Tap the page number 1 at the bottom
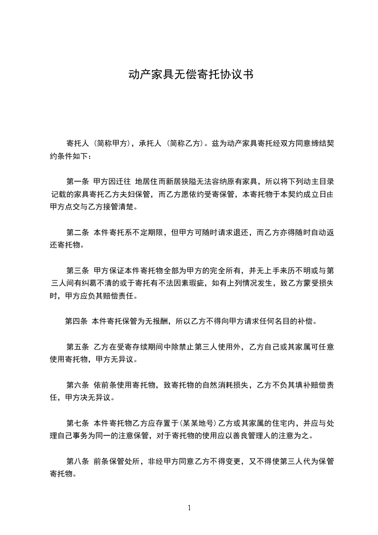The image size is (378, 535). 189,508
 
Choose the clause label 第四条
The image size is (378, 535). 76,321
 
